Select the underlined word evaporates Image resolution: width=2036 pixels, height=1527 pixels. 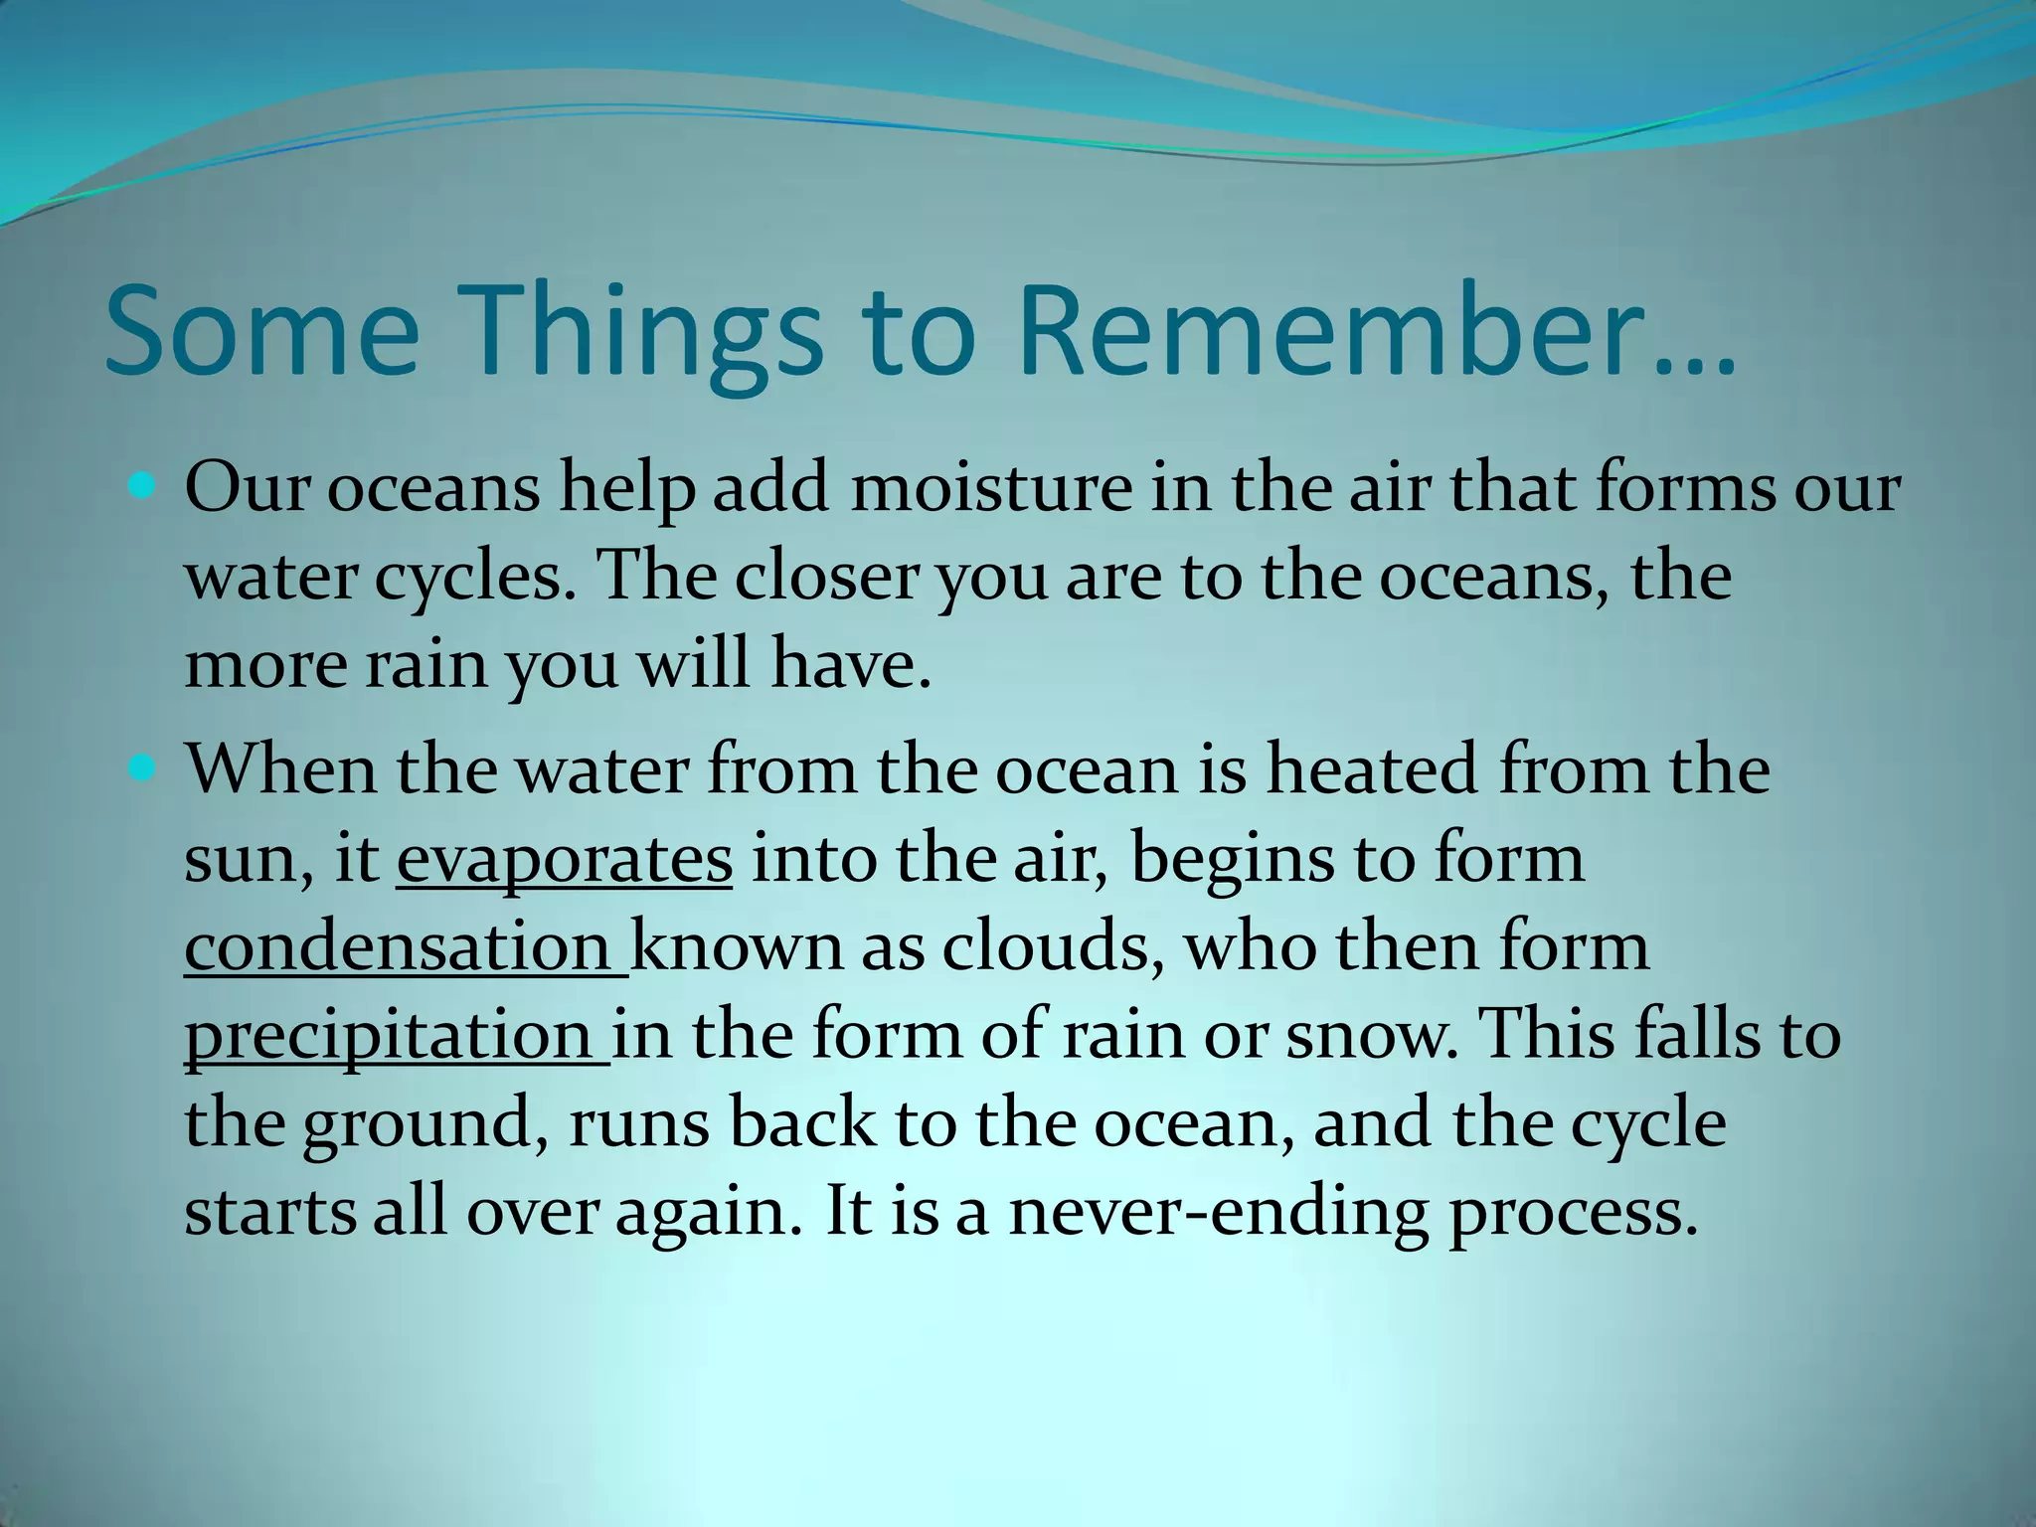(564, 859)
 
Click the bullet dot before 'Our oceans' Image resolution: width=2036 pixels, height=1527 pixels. (143, 487)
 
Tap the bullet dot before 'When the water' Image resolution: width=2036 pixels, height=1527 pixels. (143, 768)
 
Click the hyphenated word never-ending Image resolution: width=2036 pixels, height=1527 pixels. (1217, 1214)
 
